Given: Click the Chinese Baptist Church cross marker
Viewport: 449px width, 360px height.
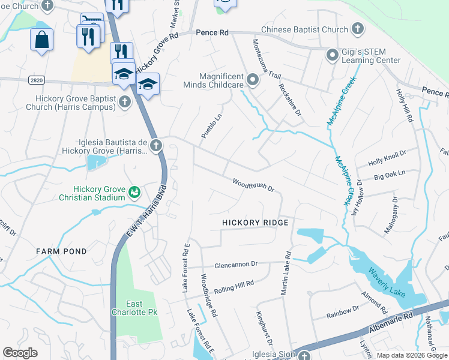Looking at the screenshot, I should point(358,29).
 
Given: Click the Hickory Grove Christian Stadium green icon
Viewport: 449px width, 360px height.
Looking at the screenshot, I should point(134,192).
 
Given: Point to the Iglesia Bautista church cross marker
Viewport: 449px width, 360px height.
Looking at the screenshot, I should point(155,145).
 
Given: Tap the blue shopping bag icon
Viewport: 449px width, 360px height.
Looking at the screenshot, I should point(42,40).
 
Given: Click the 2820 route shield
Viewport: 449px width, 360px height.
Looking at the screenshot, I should point(35,79).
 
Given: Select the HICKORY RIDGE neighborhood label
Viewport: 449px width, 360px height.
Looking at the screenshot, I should point(255,223).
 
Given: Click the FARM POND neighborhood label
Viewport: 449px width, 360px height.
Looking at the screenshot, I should point(61,251).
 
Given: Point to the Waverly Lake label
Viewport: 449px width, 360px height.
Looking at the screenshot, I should point(387,282).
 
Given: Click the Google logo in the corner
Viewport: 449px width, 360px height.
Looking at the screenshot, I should point(20,353).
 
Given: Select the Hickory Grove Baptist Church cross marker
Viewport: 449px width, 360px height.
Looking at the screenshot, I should point(125,101).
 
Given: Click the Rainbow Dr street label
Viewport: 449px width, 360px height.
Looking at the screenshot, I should point(342,311).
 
